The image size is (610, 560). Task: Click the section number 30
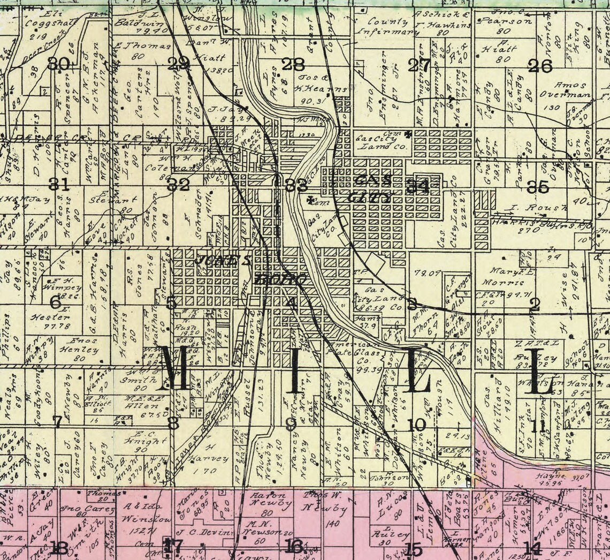tap(58, 64)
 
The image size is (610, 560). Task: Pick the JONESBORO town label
tap(251, 269)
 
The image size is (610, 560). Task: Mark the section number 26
tap(540, 66)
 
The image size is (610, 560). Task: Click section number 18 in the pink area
tap(59, 547)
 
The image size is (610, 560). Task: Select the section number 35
tap(538, 187)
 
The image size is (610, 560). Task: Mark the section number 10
tap(416, 425)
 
